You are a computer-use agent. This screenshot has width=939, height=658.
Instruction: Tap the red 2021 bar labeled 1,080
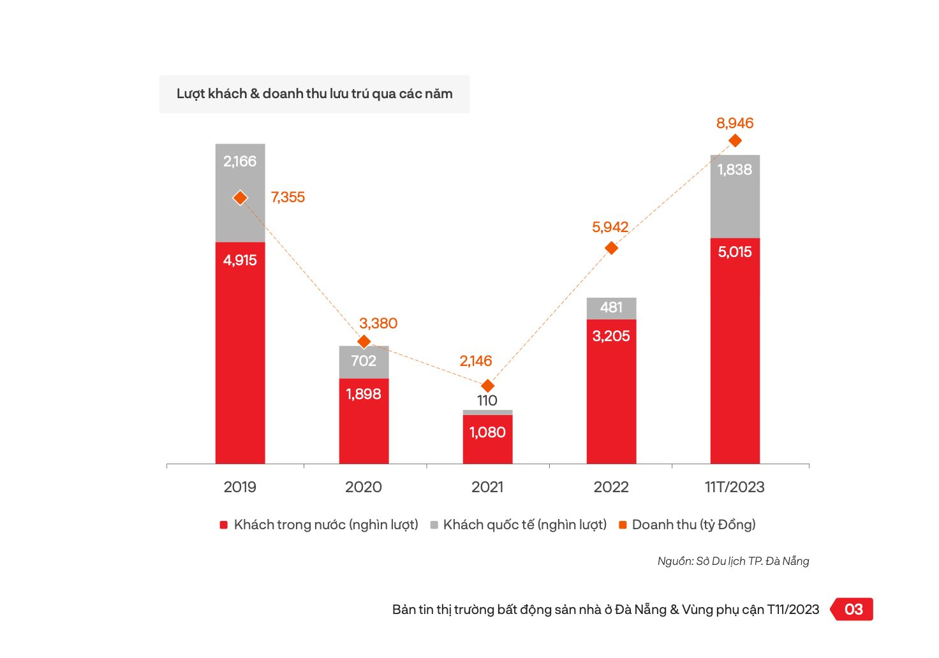coord(487,439)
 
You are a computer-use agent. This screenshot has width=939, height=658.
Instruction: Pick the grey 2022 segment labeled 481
coord(611,309)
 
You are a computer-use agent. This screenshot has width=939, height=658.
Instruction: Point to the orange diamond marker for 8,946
coord(735,140)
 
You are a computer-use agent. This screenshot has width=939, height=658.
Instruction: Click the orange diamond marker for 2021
coord(487,386)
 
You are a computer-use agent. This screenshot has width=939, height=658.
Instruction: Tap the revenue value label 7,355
coord(288,198)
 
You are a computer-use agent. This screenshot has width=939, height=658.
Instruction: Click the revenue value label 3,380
coord(378,323)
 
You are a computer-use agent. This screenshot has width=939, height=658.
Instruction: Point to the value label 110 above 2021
coord(487,400)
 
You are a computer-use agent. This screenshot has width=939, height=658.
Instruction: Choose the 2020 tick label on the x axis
coord(364,487)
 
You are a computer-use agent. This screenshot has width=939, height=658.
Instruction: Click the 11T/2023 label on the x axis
coord(734,487)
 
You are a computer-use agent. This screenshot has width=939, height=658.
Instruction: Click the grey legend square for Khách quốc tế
coord(434,525)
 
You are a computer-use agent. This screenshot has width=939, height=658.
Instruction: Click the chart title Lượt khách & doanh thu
coord(314,94)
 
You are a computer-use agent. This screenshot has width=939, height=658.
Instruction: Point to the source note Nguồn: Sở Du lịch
coord(733,561)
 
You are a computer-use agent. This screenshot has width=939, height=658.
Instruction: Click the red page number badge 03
coord(854,610)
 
